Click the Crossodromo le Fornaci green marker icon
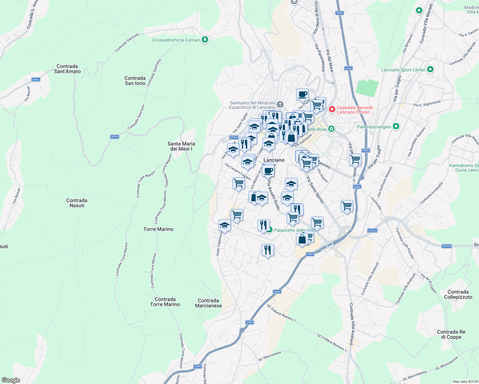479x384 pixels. [205, 40]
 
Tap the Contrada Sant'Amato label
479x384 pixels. [67, 69]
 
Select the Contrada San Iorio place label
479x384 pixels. [135, 81]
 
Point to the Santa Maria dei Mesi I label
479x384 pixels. [181, 146]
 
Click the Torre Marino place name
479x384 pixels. [158, 229]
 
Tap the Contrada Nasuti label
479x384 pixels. [77, 203]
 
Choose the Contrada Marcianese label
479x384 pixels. [208, 303]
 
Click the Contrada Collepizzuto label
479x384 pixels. [458, 294]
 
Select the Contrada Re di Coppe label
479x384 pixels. [451, 334]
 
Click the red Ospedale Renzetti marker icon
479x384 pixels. [332, 109]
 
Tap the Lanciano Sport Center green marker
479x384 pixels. [430, 69]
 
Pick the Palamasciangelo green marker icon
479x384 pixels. [396, 127]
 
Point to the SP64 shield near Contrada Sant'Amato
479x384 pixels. [36, 80]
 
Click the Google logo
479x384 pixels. [11, 380]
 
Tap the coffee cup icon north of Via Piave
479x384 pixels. [302, 94]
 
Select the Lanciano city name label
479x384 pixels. [274, 160]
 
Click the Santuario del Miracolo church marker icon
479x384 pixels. [280, 105]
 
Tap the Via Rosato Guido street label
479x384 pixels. [274, 195]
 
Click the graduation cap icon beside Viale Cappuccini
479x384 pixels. [224, 225]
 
